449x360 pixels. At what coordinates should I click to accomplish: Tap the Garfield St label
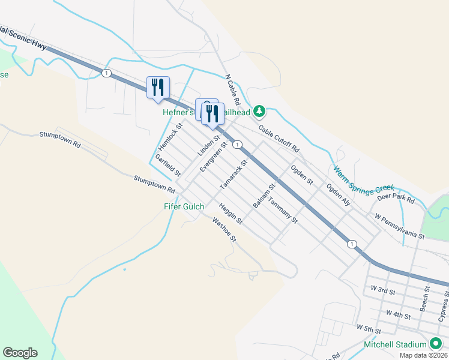click(x=168, y=165)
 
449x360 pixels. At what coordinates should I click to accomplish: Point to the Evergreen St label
click(x=214, y=157)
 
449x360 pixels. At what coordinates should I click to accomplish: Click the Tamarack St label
click(x=234, y=175)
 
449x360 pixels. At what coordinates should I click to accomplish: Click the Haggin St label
click(x=231, y=214)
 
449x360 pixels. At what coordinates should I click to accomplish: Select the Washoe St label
click(x=225, y=230)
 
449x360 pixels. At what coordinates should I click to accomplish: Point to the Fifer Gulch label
click(x=184, y=206)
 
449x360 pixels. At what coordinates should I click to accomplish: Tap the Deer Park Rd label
click(x=396, y=199)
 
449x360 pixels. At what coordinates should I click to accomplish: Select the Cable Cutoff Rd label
click(x=279, y=138)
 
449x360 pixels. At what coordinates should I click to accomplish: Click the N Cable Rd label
click(x=232, y=91)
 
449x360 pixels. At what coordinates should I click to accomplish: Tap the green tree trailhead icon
click(x=259, y=111)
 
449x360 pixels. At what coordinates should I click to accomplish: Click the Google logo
click(x=20, y=353)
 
